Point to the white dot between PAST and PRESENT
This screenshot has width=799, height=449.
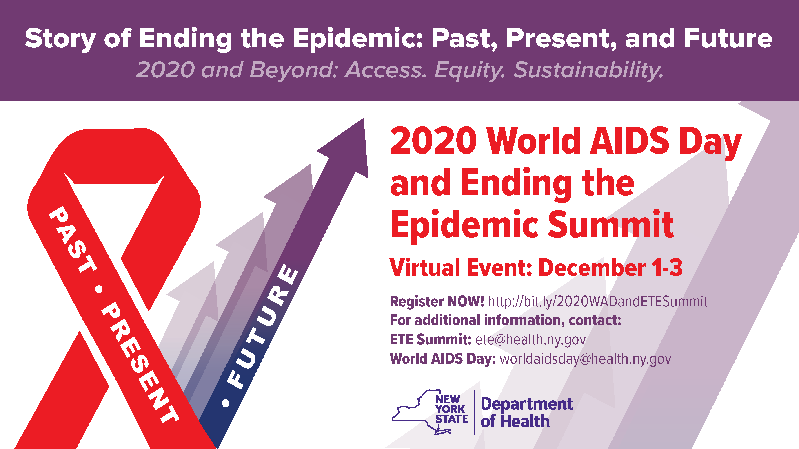tap(99, 289)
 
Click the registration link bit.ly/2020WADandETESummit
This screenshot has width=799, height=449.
tap(598, 302)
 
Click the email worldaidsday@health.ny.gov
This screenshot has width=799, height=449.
tap(585, 359)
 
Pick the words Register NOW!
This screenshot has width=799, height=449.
tap(437, 301)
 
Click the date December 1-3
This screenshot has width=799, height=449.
tap(610, 267)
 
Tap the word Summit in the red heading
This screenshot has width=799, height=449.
tap(611, 223)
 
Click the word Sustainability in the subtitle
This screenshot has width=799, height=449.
tap(588, 70)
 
